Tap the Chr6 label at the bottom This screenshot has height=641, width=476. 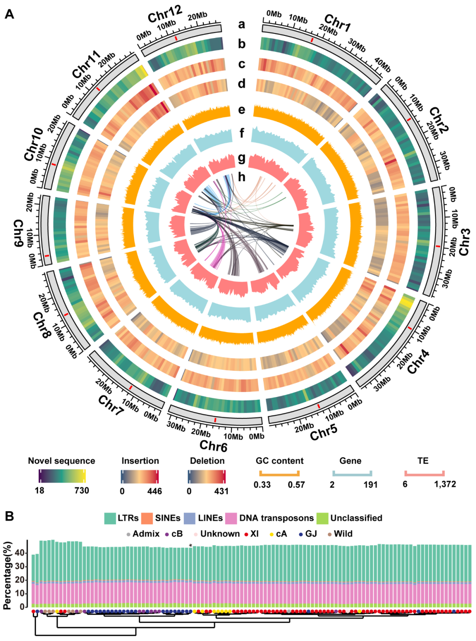(x=213, y=446)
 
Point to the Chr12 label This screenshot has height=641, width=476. (x=165, y=14)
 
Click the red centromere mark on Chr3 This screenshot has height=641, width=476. (x=437, y=247)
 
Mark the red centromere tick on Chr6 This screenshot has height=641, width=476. (x=215, y=420)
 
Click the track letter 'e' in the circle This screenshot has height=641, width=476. (x=242, y=110)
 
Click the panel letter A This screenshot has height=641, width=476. (x=9, y=14)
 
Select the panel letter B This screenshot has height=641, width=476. (x=9, y=516)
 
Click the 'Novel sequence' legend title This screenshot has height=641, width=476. (x=62, y=461)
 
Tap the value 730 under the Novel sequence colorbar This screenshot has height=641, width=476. (x=82, y=491)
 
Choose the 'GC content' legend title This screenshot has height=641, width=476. (x=279, y=461)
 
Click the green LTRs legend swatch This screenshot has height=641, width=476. (x=110, y=518)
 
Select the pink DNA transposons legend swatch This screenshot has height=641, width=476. (x=231, y=518)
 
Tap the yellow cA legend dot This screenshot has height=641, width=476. (x=271, y=534)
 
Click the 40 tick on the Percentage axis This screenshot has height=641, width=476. (x=20, y=553)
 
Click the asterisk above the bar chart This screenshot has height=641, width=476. (x=191, y=545)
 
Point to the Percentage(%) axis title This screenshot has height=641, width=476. (x=7, y=575)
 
